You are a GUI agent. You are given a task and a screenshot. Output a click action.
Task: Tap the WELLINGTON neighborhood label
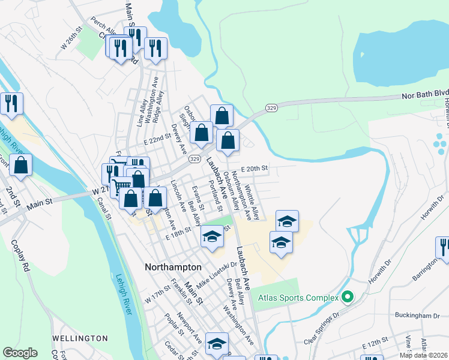coord(80,338)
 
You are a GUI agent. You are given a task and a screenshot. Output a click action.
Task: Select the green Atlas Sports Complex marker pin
coord(346,296)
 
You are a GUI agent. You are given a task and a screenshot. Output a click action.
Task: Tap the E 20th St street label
coord(254,169)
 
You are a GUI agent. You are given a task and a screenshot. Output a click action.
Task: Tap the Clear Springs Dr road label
coord(322,328)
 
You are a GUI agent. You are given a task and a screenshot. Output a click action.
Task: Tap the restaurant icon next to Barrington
coord(443,248)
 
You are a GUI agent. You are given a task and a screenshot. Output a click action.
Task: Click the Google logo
coord(20,353)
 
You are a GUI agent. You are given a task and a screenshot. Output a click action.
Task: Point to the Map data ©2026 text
coord(423,355)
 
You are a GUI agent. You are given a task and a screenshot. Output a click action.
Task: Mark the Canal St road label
coord(101,208)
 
